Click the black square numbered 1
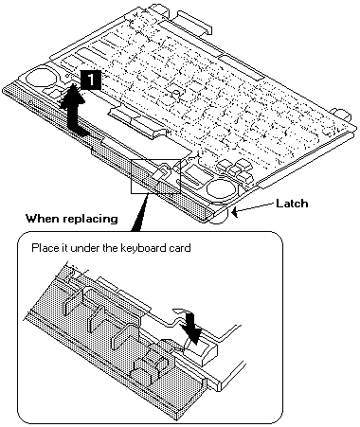91,80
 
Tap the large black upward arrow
72,112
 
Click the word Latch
292,204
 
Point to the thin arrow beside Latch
254,208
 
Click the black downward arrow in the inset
192,327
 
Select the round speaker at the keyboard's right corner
222,189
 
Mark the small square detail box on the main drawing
155,176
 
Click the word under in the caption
85,248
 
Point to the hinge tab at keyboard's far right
340,116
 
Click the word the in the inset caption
110,248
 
